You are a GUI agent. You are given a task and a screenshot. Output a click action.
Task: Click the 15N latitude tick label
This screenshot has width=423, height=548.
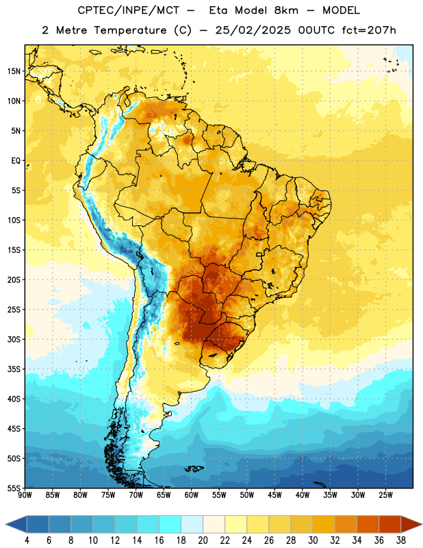[14, 71]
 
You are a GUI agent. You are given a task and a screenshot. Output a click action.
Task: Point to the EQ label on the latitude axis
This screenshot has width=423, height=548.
[16, 161]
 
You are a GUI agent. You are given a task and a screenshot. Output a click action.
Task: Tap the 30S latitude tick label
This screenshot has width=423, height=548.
[14, 339]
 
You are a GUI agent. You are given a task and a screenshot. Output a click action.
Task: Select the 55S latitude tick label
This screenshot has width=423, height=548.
[14, 488]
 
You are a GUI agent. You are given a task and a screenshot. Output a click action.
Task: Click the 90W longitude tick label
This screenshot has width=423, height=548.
[25, 495]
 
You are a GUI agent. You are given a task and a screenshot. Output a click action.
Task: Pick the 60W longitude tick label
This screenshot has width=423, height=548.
[192, 495]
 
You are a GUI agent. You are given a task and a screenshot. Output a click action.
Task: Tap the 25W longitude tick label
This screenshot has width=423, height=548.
[385, 495]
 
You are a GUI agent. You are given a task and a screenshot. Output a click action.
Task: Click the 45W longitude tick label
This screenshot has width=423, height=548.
[274, 495]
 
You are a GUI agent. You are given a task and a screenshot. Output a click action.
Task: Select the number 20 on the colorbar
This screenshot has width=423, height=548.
[203, 540]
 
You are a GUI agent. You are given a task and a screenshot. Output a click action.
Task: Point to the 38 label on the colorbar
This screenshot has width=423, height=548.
[401, 540]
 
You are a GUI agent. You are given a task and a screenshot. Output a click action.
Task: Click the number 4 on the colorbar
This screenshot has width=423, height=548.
[27, 540]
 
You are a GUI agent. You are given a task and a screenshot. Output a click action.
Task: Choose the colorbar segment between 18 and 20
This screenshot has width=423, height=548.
[192, 524]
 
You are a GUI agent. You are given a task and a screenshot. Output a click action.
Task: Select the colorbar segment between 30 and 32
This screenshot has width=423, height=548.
[324, 524]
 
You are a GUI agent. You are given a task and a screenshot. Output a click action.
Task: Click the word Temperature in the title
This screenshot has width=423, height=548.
[130, 30]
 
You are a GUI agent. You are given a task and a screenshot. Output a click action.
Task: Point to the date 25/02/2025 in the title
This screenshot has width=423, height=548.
[253, 30]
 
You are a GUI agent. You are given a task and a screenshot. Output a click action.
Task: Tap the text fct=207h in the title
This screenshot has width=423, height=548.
[369, 30]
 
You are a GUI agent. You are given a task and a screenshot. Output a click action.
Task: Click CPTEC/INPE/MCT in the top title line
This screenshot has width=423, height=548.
[128, 10]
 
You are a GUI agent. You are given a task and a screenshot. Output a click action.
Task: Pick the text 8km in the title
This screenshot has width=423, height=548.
[286, 10]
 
